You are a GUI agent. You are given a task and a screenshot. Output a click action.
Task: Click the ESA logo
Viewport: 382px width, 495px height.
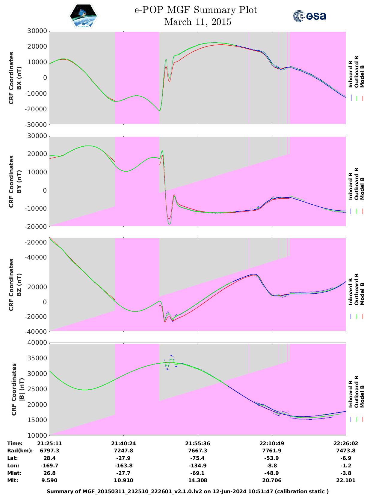point(309,16)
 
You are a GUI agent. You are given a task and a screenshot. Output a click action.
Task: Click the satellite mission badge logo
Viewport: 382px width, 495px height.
point(83,16)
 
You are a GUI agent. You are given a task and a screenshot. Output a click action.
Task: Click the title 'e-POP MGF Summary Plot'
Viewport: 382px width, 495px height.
point(196,10)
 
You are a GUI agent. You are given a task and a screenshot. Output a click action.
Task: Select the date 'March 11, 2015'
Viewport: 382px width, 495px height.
point(198,22)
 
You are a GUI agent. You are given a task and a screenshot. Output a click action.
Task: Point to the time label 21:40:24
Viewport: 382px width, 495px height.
point(123,443)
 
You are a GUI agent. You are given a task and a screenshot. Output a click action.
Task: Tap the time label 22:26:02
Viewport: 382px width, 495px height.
point(346,443)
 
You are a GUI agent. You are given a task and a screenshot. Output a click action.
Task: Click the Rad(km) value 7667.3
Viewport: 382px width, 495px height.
point(198,451)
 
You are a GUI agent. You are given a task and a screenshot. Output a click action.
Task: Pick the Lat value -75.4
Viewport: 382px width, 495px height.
point(198,458)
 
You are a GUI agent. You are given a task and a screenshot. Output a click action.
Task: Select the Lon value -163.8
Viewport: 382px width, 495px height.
point(123,466)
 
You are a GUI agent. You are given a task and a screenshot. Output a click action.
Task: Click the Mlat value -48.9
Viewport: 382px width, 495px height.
point(272,473)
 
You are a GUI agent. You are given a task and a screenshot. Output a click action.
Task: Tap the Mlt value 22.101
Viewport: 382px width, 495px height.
point(346,480)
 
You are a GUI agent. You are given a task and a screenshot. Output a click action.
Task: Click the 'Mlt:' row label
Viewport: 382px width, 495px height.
point(13,480)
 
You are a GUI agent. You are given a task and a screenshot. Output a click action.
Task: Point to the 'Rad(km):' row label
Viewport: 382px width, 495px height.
point(20,451)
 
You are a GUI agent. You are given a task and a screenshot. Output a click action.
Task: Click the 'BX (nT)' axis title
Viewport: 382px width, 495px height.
point(19,78)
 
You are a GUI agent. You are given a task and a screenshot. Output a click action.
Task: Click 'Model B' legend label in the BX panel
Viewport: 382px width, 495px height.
point(362,76)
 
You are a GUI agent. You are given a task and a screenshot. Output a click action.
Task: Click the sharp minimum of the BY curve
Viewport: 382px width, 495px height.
point(169,224)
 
